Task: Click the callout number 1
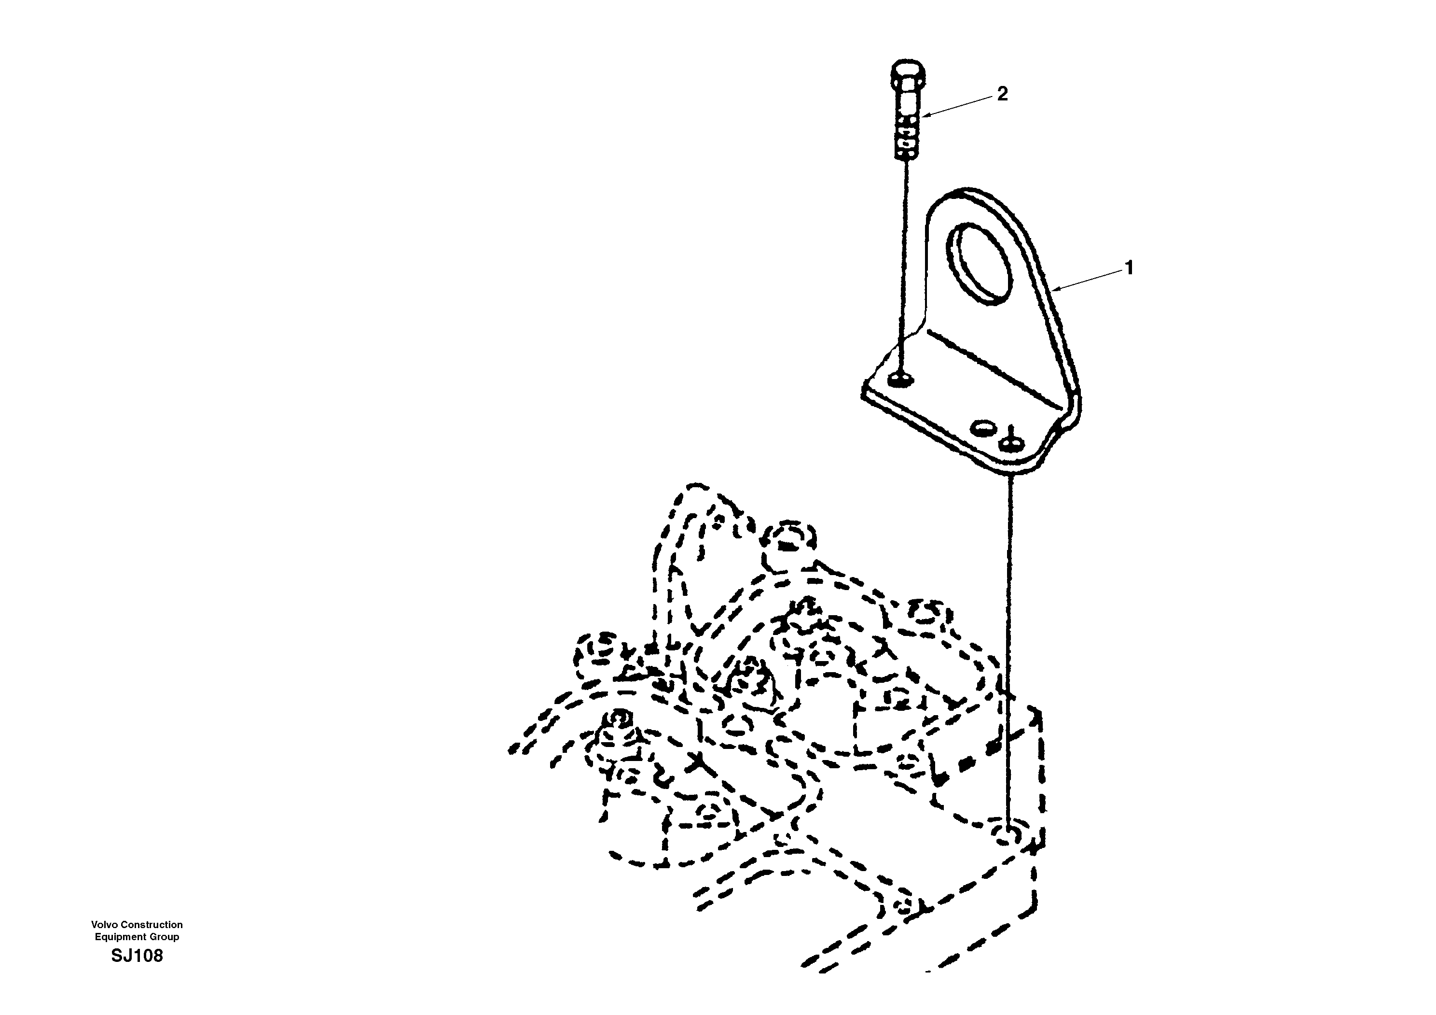[x=1129, y=268]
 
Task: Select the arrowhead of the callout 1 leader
[x=1056, y=290]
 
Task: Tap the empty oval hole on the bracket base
[x=980, y=428]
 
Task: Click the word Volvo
[x=104, y=924]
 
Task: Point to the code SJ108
[x=137, y=956]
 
